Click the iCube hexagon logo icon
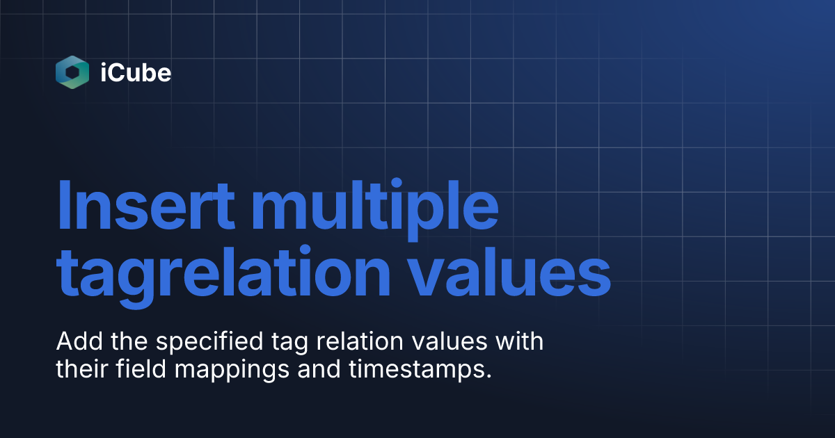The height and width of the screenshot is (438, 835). click(x=72, y=72)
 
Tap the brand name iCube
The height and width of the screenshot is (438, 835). click(x=135, y=73)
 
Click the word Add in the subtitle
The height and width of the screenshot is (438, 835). click(x=74, y=342)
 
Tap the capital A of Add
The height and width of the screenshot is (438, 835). click(x=64, y=342)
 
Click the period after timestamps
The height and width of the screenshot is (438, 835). click(x=488, y=376)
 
